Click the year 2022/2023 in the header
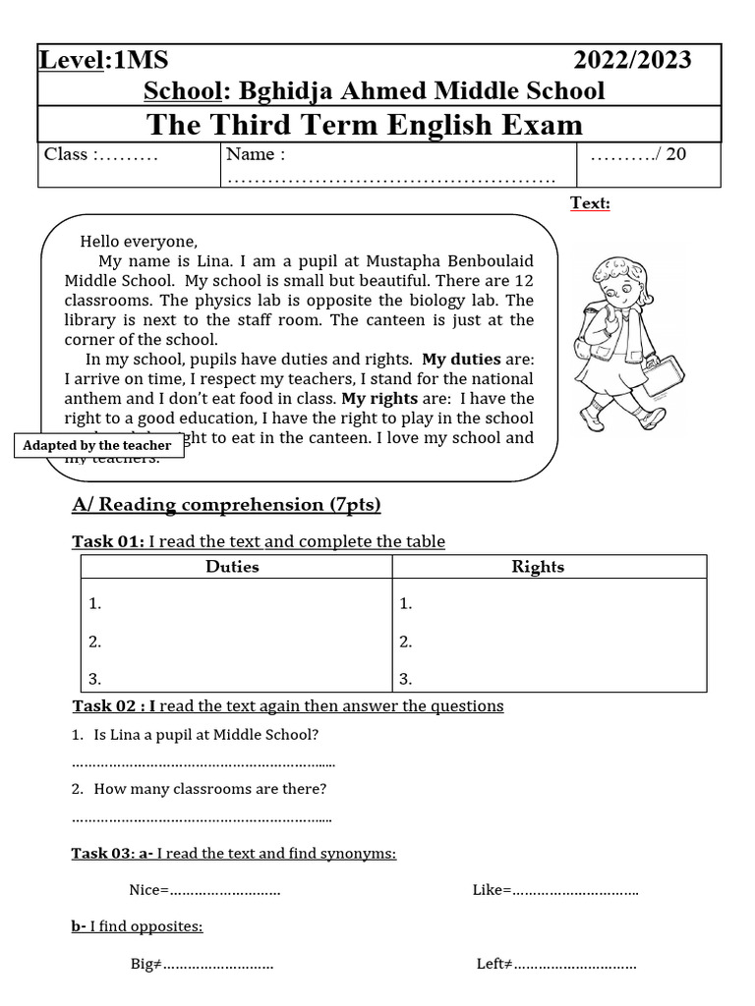(632, 60)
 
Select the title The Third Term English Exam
(365, 125)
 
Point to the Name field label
(256, 154)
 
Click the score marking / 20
(638, 154)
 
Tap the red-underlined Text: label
(590, 202)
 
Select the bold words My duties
(461, 360)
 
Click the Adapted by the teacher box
(97, 445)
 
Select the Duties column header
(233, 567)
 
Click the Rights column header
(538, 567)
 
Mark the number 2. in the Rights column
(406, 642)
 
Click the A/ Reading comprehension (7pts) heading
(226, 505)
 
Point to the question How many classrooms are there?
(209, 788)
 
